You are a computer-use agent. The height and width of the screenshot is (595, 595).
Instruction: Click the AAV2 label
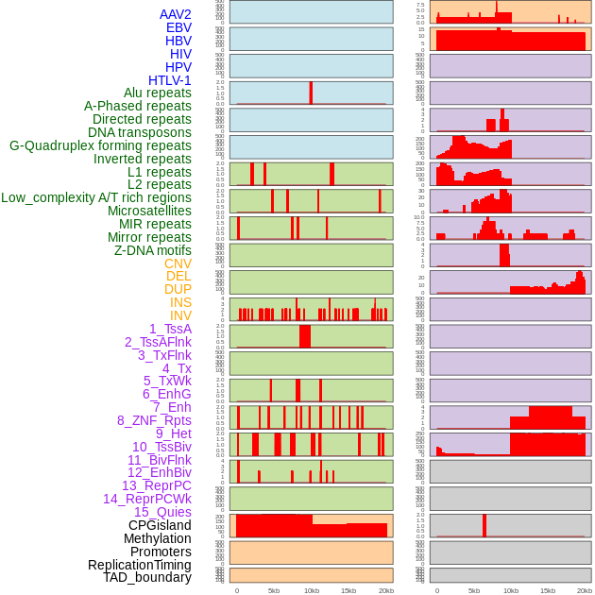(x=176, y=14)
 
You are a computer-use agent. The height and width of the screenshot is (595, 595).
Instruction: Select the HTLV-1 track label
(x=170, y=80)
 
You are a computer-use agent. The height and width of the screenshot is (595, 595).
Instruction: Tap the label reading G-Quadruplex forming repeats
(x=100, y=145)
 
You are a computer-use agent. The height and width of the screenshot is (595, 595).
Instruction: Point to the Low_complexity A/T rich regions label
(x=96, y=197)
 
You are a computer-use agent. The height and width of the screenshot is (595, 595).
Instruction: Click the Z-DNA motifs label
(x=153, y=250)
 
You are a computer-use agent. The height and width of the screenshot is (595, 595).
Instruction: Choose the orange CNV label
(x=178, y=263)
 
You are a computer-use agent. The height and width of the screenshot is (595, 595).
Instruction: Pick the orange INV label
(x=180, y=315)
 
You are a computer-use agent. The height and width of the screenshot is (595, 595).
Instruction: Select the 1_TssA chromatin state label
(x=170, y=329)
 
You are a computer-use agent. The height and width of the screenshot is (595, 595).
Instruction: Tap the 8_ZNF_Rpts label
(x=154, y=420)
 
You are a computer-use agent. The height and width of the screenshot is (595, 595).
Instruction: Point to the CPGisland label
(x=160, y=525)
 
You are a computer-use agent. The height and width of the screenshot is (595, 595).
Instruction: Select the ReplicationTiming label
(x=140, y=565)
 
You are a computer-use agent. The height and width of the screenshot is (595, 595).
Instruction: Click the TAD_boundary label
(x=147, y=577)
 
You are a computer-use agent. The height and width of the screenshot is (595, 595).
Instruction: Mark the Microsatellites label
(x=149, y=211)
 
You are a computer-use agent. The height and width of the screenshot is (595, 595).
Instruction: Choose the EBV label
(x=178, y=27)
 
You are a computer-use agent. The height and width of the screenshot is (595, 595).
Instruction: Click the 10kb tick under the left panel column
(x=311, y=590)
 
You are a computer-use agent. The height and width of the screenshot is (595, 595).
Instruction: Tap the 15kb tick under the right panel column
(x=548, y=590)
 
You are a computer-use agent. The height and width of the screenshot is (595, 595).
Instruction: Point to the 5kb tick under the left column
(x=274, y=590)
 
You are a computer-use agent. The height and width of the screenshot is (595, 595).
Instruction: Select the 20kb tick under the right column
(x=585, y=590)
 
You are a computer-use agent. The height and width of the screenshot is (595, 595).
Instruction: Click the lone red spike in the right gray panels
(x=484, y=525)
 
